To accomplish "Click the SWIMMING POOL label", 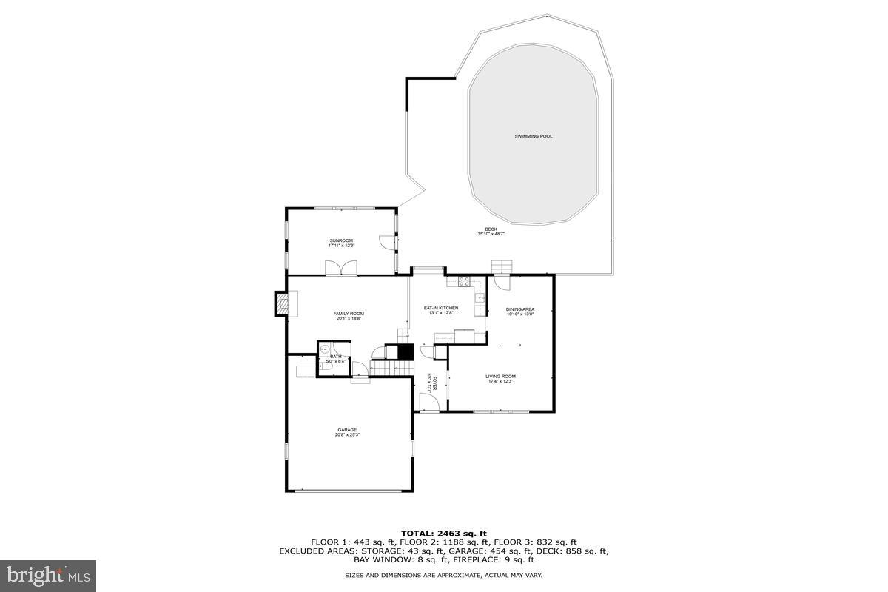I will click(534, 136).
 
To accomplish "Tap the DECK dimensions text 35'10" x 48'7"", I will click(491, 235).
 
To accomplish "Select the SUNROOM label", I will click(341, 240).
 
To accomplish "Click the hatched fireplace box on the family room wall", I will click(282, 303).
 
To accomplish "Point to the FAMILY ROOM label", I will click(348, 314).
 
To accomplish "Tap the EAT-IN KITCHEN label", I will click(440, 308).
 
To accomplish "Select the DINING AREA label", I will click(519, 309).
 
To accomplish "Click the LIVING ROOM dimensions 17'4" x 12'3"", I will click(501, 382).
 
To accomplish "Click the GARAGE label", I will click(347, 430).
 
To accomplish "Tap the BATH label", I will click(336, 357).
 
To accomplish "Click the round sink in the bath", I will click(324, 348).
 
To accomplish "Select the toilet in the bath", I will click(325, 366).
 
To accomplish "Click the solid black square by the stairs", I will click(405, 352).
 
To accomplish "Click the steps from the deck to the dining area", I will click(502, 267).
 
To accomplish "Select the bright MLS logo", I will click(48, 574).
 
